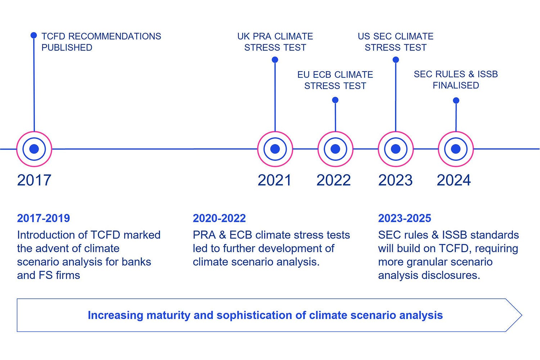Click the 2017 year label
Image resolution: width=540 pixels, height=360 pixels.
(x=34, y=180)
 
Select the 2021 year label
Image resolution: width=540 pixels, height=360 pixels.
(x=274, y=180)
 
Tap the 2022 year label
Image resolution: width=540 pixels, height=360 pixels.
(x=333, y=180)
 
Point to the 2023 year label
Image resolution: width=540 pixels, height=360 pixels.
(x=395, y=180)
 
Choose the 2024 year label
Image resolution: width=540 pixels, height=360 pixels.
(x=454, y=180)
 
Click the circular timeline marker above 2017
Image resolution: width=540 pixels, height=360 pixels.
(x=34, y=149)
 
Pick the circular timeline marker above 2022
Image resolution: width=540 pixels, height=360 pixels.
(x=335, y=149)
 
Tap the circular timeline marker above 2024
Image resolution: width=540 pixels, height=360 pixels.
(x=456, y=149)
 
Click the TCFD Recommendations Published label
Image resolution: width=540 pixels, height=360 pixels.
(x=101, y=42)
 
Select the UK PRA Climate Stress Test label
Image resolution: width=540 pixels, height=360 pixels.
(x=275, y=42)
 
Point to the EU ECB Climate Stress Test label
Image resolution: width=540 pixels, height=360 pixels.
(x=335, y=80)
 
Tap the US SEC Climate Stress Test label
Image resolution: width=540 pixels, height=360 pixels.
(x=396, y=42)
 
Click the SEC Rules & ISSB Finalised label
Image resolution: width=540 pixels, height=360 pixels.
(x=456, y=80)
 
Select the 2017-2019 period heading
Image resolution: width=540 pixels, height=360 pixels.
(x=44, y=218)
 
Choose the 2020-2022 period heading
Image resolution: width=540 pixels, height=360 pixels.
(x=219, y=218)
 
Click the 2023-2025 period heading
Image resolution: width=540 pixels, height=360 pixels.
(x=405, y=218)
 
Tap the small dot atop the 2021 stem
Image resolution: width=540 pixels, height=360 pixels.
(x=275, y=60)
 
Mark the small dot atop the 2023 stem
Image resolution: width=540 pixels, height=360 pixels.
(x=396, y=60)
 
